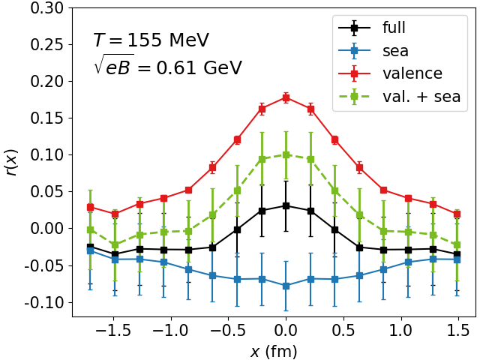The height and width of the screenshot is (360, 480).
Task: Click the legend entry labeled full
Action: point(393,28)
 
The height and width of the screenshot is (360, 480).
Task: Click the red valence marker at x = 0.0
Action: point(286,97)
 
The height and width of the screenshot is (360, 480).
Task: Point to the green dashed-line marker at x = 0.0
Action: point(286,154)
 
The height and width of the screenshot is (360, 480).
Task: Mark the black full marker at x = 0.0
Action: point(286,205)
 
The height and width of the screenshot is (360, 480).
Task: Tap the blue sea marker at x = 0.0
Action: point(286,286)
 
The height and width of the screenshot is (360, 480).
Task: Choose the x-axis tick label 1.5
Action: point(459,331)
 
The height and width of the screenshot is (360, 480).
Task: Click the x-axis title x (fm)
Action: point(274,349)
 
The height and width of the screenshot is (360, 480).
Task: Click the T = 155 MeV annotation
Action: point(151,40)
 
